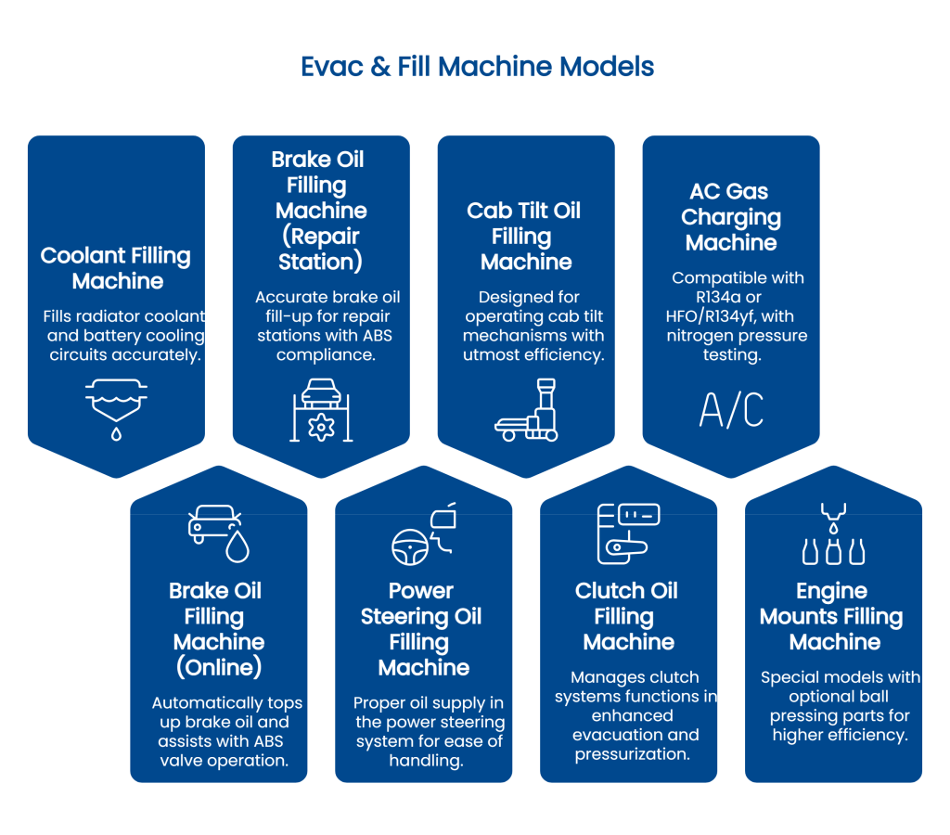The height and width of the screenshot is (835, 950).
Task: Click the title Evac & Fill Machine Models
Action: point(477,67)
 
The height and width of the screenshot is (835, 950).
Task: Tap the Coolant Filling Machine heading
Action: point(116,268)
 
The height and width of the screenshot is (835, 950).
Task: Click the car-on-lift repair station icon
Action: point(321,409)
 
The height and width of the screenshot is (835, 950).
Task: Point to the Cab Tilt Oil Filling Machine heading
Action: point(525,237)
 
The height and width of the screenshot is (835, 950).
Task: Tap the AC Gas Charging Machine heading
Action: point(731,217)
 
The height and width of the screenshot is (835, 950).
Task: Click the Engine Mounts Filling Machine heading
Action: point(832,616)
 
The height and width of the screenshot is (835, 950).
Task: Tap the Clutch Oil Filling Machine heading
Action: point(627,616)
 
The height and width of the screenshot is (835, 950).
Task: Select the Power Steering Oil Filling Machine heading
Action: point(422,629)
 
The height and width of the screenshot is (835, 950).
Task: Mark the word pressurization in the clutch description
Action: point(632,754)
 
